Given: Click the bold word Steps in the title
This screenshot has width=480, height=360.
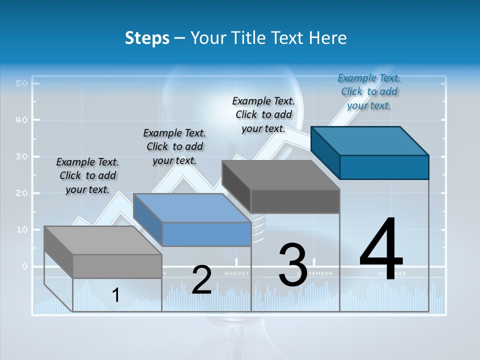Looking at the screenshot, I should (x=147, y=38).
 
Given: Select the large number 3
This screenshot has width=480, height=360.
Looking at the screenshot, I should (x=292, y=264).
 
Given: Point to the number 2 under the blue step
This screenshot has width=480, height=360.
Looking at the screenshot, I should (x=201, y=280).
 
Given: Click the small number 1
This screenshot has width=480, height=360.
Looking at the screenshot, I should (x=115, y=295).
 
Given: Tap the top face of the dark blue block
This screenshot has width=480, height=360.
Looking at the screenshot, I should (x=370, y=140).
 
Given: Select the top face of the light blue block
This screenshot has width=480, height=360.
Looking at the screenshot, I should (x=192, y=207).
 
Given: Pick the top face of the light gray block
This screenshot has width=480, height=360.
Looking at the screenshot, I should (x=103, y=240).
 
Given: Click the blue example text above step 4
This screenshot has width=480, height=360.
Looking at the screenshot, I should (x=369, y=91).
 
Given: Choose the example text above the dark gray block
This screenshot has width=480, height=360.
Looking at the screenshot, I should (x=263, y=114).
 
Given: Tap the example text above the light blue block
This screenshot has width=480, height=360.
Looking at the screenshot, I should (x=174, y=146).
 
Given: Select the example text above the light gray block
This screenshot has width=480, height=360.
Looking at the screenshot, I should (x=87, y=175).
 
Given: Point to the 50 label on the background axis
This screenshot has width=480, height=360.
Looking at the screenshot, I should (x=21, y=83).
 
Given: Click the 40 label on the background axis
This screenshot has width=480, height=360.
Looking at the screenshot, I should (x=21, y=120).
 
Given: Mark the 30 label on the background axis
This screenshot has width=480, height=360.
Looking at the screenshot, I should (x=21, y=156).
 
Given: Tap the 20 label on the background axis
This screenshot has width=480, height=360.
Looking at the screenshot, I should (x=21, y=193).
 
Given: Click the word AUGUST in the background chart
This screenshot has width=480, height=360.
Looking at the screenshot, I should (x=236, y=273).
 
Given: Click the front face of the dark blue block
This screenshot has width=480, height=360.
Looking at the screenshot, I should (x=384, y=167).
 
